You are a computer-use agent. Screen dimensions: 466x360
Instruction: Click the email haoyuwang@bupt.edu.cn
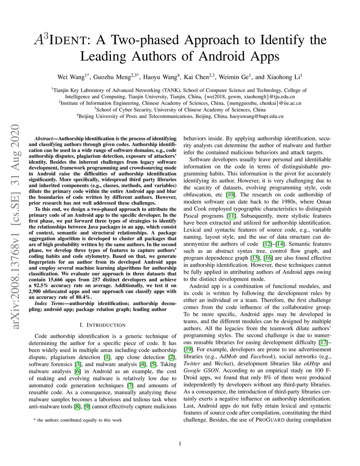point(257,116)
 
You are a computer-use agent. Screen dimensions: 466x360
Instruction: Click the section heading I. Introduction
point(103,325)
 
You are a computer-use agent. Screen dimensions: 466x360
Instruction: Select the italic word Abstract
point(44,139)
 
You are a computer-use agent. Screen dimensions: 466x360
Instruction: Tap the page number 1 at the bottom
point(180,444)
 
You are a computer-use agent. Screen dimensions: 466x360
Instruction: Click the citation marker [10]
point(231,194)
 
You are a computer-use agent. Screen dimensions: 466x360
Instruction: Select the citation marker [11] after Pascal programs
point(231,216)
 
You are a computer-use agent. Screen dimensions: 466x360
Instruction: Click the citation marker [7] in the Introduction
point(130,385)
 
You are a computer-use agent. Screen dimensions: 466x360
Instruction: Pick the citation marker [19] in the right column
point(188,349)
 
